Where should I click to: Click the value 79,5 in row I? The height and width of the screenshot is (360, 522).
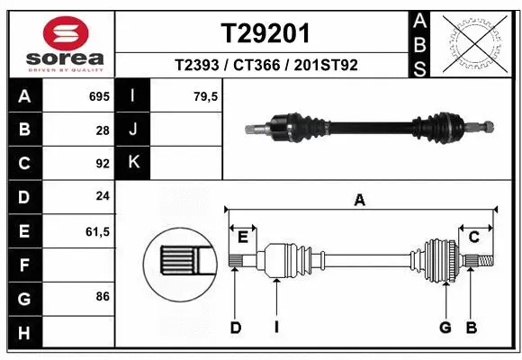click(x=206, y=94)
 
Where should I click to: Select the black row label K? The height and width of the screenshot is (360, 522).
click(x=134, y=163)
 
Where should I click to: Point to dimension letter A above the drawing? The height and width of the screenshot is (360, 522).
click(x=360, y=200)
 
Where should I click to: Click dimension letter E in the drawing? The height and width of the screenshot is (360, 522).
click(x=242, y=237)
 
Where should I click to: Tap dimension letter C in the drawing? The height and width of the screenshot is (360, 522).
click(x=473, y=237)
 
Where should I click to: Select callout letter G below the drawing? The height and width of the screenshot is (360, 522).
click(x=445, y=328)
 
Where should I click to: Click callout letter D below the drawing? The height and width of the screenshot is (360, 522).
click(x=236, y=328)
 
